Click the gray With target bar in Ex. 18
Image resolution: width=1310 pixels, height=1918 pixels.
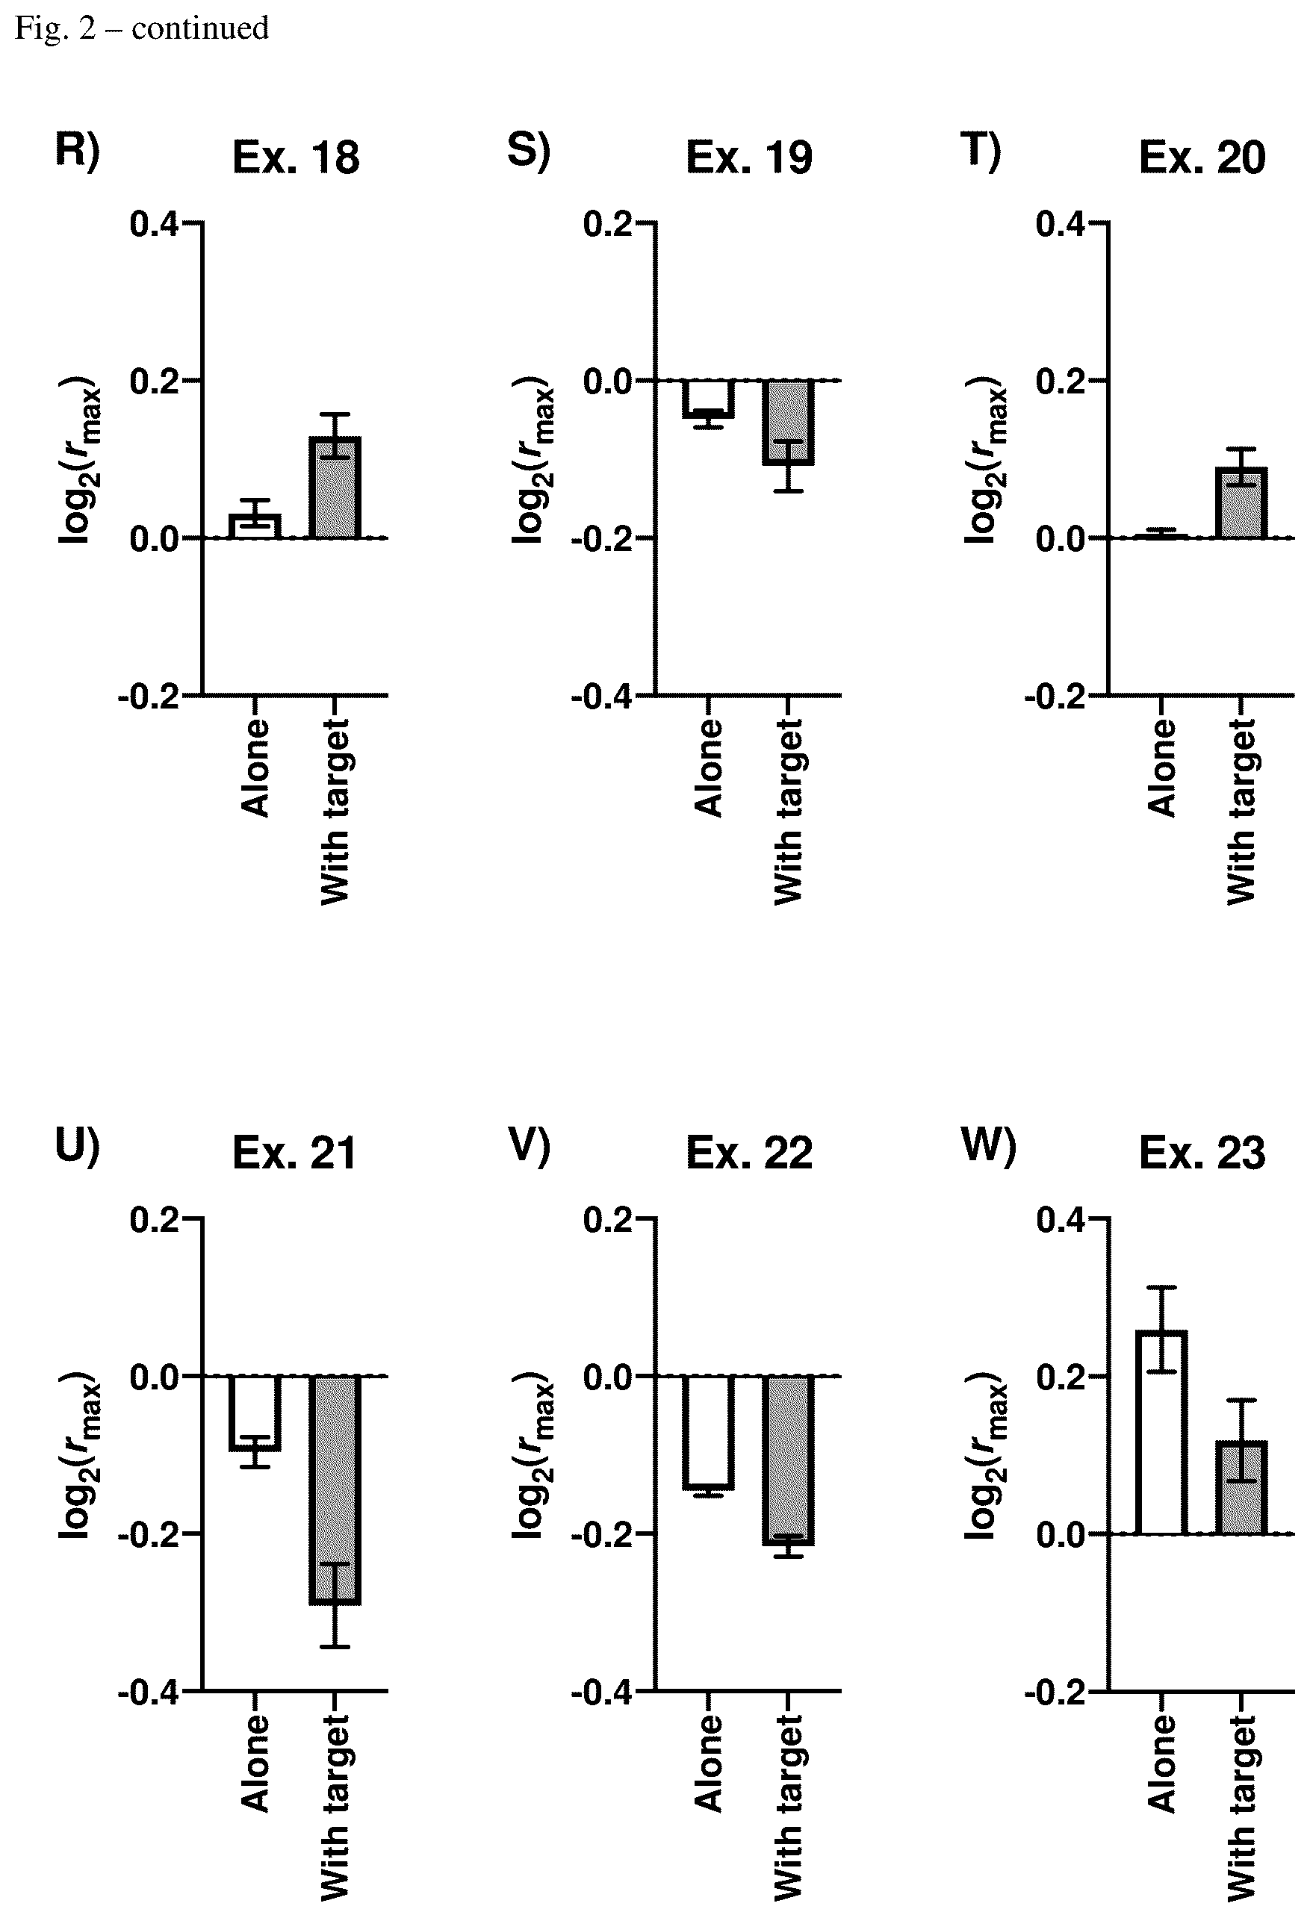point(335,487)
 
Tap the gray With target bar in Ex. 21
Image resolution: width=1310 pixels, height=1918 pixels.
point(335,1489)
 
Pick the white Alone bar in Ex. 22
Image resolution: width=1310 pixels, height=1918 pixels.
point(708,1432)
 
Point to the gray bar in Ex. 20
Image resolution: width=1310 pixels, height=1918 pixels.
point(1241,502)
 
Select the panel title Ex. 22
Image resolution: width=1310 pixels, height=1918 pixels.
point(748,1152)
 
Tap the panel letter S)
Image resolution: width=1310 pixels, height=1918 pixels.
point(528,151)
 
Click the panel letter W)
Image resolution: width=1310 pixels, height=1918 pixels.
point(989,1145)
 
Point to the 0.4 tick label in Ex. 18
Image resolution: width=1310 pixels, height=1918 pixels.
point(155,224)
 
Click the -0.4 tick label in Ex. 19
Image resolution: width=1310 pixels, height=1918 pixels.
point(602,697)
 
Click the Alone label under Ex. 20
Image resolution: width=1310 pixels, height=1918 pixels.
point(1161,767)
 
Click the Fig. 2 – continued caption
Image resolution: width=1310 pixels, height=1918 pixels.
point(142,28)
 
